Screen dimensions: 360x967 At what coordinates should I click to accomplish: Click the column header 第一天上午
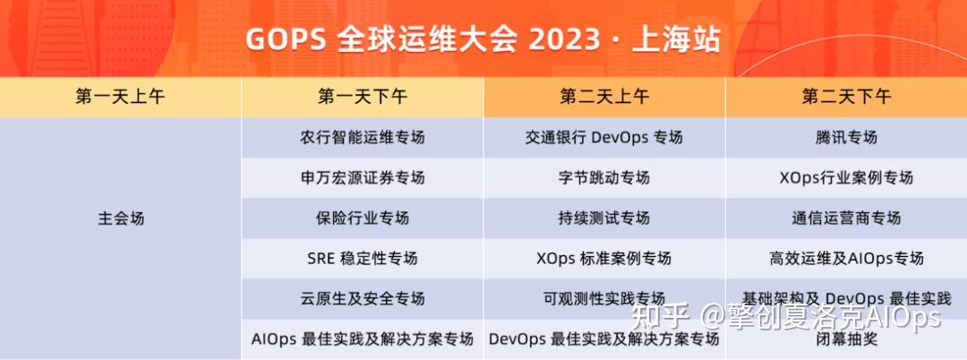pyautogui.click(x=120, y=97)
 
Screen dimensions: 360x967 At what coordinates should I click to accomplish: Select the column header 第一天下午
pyautogui.click(x=362, y=97)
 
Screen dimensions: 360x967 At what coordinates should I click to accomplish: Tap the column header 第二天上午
pyautogui.click(x=604, y=97)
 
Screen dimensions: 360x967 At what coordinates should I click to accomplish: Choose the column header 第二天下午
pyautogui.click(x=846, y=97)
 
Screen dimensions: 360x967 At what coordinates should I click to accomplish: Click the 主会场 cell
pyautogui.click(x=120, y=218)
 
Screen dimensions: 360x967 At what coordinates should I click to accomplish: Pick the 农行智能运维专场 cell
pyautogui.click(x=362, y=138)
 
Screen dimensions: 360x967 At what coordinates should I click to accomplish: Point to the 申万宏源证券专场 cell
pyautogui.click(x=362, y=177)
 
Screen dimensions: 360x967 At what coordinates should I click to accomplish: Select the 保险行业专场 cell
pyautogui.click(x=362, y=218)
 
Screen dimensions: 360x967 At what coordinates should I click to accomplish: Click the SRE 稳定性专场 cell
pyautogui.click(x=362, y=258)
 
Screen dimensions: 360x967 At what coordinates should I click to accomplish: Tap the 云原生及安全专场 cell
pyautogui.click(x=362, y=298)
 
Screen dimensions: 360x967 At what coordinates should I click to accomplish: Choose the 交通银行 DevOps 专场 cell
pyautogui.click(x=604, y=138)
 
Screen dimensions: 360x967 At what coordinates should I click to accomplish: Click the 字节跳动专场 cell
pyautogui.click(x=604, y=177)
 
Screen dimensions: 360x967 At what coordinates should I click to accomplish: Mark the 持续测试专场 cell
pyautogui.click(x=604, y=218)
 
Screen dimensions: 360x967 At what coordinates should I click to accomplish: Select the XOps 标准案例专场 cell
pyautogui.click(x=604, y=258)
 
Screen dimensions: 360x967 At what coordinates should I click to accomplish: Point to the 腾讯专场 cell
pyautogui.click(x=846, y=138)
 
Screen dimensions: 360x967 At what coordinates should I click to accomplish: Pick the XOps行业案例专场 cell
pyautogui.click(x=846, y=177)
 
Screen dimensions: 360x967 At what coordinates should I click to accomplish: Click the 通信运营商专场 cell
pyautogui.click(x=846, y=218)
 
